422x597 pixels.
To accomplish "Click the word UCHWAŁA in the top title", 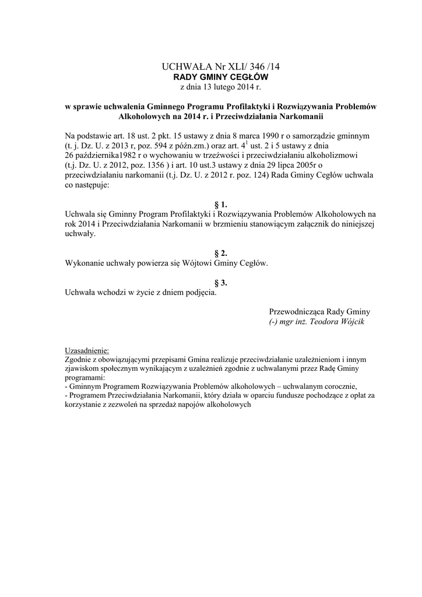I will coord(181,68).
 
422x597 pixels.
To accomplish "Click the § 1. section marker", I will coord(220,204).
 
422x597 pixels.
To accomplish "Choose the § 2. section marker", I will coord(220,253).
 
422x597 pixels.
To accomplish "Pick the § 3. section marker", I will coord(220,283).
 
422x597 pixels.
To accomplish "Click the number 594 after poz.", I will coord(142,146).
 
